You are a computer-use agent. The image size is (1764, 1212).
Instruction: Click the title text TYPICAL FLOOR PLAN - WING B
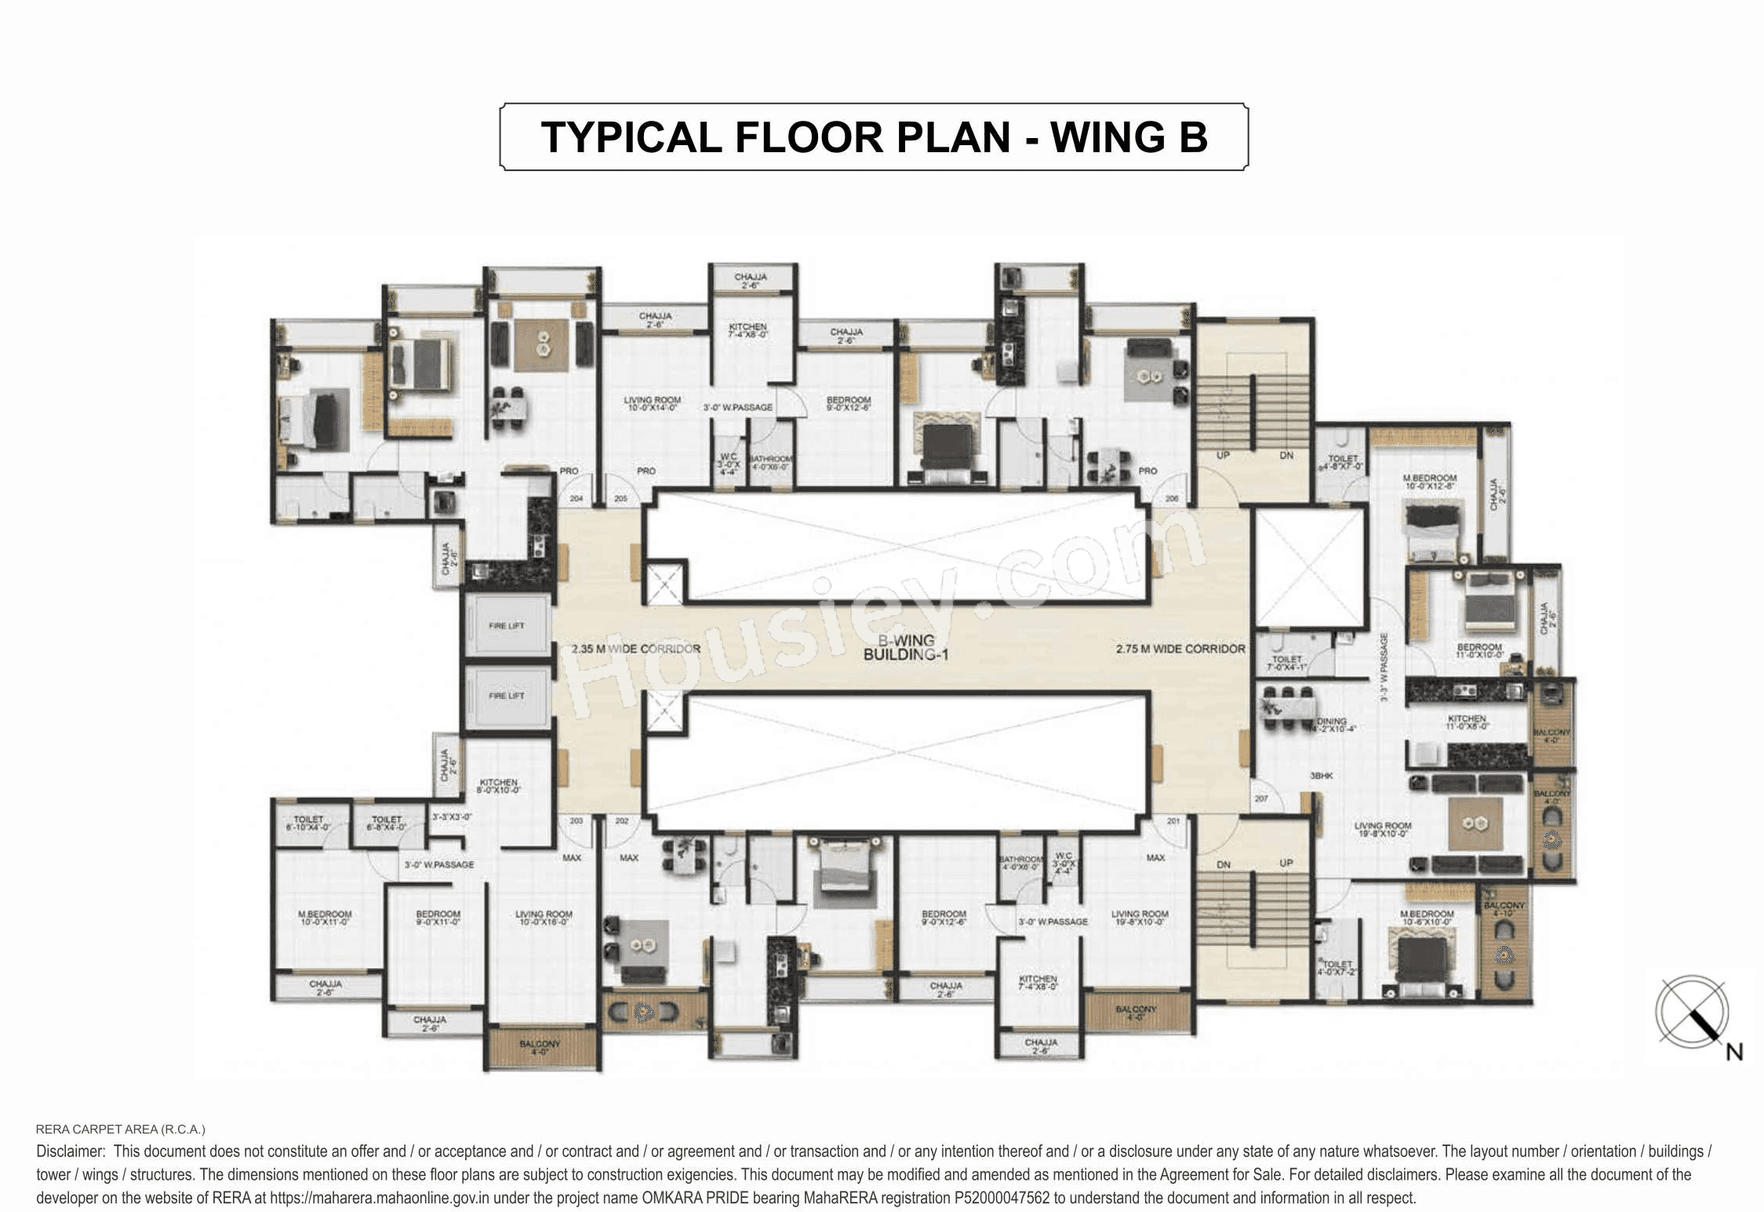(x=874, y=137)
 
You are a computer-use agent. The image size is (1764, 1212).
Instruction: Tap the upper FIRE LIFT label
(x=506, y=626)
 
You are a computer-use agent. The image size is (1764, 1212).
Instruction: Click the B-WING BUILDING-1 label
(x=906, y=648)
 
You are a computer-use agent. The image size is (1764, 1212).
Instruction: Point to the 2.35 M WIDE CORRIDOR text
(x=635, y=650)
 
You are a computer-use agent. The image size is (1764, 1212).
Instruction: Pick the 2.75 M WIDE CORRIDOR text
(x=1180, y=650)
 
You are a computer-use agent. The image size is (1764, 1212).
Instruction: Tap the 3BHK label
(x=1321, y=776)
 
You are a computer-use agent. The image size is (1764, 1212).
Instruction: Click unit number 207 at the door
(x=1261, y=799)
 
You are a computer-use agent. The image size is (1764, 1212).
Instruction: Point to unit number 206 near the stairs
(x=1172, y=499)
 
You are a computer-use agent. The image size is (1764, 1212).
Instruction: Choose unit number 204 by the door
(x=576, y=499)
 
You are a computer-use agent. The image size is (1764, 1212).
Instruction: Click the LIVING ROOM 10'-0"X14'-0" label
(x=652, y=404)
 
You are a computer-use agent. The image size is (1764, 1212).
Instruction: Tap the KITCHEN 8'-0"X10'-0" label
(x=498, y=786)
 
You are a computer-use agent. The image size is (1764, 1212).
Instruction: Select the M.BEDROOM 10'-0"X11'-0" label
(x=325, y=918)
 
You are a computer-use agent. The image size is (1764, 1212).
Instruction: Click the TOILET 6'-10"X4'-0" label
(x=308, y=823)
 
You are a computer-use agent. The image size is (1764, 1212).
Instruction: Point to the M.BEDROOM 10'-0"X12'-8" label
(x=1429, y=482)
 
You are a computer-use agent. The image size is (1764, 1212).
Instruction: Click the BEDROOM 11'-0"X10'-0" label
(x=1478, y=651)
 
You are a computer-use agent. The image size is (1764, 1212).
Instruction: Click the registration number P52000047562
(x=1002, y=1198)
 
